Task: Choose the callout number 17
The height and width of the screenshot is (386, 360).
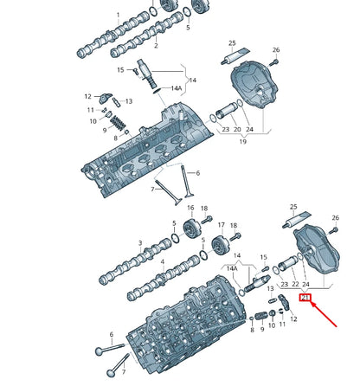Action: tap(221, 224)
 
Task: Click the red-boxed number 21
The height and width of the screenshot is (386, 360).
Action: tap(304, 299)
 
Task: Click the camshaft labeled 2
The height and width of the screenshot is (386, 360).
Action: tap(138, 39)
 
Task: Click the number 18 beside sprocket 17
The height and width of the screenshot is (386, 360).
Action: tap(206, 209)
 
